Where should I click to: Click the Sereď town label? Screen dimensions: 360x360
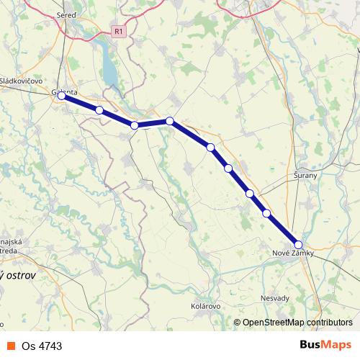[x=66, y=15]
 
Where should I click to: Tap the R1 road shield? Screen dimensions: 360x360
[x=119, y=32]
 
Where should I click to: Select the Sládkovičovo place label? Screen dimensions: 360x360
[x=22, y=81]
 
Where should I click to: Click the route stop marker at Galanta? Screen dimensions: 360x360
[x=62, y=95]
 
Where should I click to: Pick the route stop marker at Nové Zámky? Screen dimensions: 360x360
[x=298, y=245]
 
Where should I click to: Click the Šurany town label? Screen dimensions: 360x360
[x=307, y=175]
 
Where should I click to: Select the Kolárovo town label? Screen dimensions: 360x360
[x=205, y=306]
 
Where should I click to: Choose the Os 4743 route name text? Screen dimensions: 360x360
[x=42, y=346]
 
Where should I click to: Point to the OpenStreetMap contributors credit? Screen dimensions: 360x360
[x=297, y=323]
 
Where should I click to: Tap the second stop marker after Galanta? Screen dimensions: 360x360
[x=135, y=125]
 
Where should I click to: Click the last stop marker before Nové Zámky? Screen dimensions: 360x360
[x=266, y=213]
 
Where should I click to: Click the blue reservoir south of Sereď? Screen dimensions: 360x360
[x=109, y=68]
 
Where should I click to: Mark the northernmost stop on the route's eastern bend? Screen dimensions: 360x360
[x=169, y=121]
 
